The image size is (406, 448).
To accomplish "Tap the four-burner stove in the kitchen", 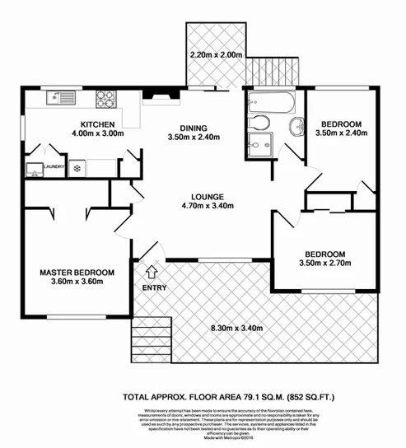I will pyautogui.click(x=107, y=99).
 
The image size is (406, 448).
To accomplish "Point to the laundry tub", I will pyautogui.click(x=34, y=170).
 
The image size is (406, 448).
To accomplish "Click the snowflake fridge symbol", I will pyautogui.click(x=77, y=169).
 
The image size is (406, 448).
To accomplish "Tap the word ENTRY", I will pyautogui.click(x=154, y=287).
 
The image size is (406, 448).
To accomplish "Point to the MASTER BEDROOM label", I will pyautogui.click(x=77, y=272).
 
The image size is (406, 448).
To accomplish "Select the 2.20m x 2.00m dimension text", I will pyautogui.click(x=215, y=55).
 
